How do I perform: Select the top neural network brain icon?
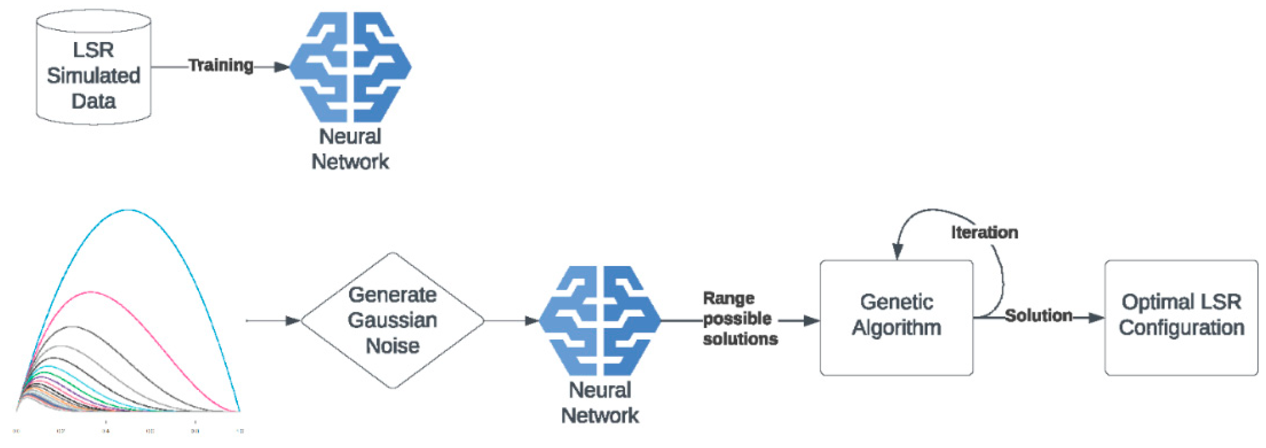point(350,67)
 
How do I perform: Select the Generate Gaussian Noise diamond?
point(392,320)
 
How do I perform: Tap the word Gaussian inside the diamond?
point(392,320)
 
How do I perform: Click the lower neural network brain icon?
point(600,321)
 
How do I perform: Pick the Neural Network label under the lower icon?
point(600,403)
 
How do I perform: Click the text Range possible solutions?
point(739,319)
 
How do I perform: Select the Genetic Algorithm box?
point(896,318)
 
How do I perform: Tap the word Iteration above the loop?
point(984,232)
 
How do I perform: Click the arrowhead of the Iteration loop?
point(897,252)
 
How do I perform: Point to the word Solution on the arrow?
point(1038,315)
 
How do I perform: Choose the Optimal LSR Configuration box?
point(1181,318)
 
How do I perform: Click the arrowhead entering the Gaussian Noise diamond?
point(293,321)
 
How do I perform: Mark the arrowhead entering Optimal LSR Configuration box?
point(1096,317)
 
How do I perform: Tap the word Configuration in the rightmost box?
point(1181,327)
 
